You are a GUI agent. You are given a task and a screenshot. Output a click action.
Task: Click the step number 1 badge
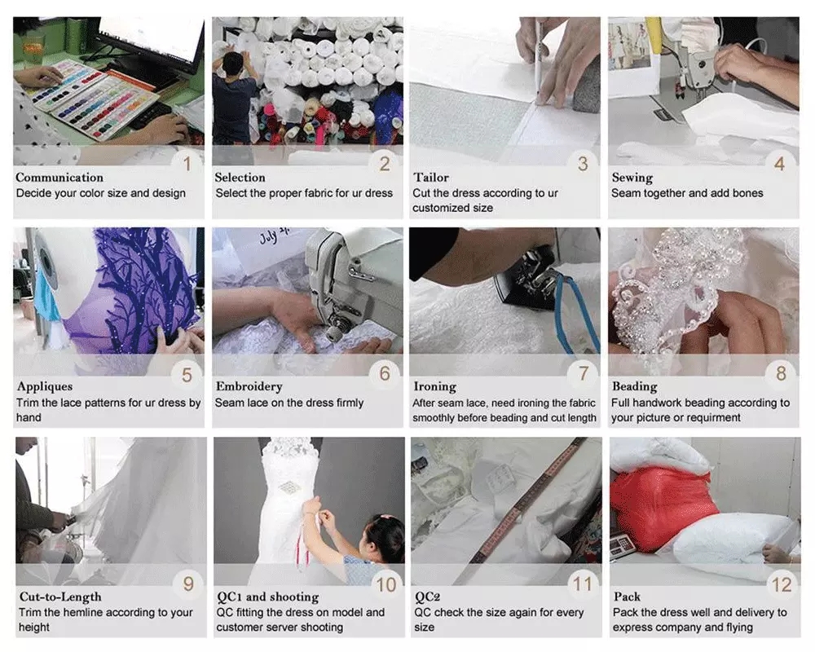pyautogui.click(x=187, y=164)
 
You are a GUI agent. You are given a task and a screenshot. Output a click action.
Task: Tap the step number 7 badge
pyautogui.click(x=584, y=372)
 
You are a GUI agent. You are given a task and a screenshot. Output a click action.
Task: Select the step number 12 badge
pyautogui.click(x=782, y=584)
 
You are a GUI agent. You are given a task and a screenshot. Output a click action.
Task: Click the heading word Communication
pyautogui.click(x=59, y=178)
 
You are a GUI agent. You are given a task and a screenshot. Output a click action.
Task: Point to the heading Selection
pyautogui.click(x=240, y=178)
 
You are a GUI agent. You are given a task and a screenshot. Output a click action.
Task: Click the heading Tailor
pyautogui.click(x=431, y=178)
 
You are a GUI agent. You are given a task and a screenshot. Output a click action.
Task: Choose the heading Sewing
pyautogui.click(x=632, y=178)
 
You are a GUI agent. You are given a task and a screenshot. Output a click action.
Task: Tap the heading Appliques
pyautogui.click(x=45, y=387)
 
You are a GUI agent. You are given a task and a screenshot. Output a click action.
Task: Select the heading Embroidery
pyautogui.click(x=249, y=387)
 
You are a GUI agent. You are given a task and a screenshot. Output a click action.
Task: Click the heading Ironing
pyautogui.click(x=434, y=387)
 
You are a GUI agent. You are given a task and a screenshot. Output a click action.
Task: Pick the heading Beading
pyautogui.click(x=634, y=387)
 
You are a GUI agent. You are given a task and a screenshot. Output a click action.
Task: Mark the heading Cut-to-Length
pyautogui.click(x=60, y=597)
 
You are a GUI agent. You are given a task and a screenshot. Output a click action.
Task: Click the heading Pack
pyautogui.click(x=627, y=597)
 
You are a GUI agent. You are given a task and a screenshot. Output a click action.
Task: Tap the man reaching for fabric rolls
pyautogui.click(x=234, y=96)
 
